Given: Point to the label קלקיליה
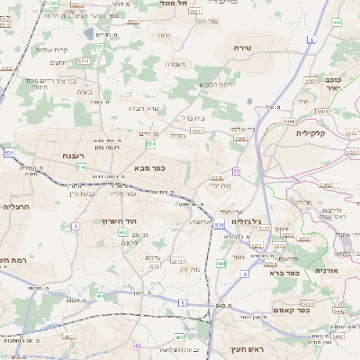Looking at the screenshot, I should point(315,132).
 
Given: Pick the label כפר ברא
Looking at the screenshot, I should point(286,274).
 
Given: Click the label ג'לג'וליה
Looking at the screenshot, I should point(245,221).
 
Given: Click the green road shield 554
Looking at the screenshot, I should point(151,144).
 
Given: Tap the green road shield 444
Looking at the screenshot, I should point(220,264).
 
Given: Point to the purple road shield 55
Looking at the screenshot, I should point(236,171).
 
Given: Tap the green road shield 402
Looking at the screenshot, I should point(122,232).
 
